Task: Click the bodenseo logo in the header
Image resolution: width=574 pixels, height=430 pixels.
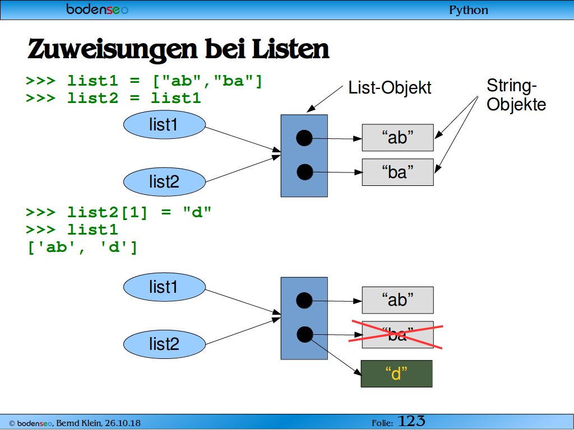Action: (x=97, y=9)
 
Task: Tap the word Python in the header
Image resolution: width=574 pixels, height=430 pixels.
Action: (x=469, y=10)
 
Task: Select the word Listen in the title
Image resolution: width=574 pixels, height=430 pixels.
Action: (x=291, y=49)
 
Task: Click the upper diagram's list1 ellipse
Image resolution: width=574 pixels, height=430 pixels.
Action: (x=164, y=125)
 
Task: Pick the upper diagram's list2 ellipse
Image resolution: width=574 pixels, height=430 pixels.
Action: (x=164, y=182)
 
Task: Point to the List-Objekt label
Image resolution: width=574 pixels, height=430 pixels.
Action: (x=390, y=88)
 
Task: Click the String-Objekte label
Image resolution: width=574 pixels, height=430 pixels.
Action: (x=516, y=95)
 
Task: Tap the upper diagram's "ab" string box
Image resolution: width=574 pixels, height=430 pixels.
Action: (x=398, y=138)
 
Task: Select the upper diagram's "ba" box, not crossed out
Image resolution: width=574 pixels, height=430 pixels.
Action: (x=398, y=172)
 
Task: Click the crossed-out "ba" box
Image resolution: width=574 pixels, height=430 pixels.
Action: (x=398, y=335)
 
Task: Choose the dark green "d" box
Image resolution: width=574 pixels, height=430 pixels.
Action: (x=396, y=373)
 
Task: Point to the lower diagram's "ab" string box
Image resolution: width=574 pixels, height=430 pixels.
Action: (x=398, y=300)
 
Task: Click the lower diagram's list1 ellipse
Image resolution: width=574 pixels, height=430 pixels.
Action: (x=164, y=287)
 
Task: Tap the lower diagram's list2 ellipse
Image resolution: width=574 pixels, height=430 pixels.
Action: (x=164, y=344)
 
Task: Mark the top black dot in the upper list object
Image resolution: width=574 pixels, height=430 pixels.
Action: (x=304, y=138)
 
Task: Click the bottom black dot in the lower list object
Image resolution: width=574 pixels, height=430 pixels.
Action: (x=304, y=335)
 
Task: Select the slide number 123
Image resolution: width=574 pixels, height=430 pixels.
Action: (x=411, y=422)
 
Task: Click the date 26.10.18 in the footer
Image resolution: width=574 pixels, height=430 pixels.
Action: (x=123, y=423)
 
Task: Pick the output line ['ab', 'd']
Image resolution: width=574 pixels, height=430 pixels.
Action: (x=82, y=247)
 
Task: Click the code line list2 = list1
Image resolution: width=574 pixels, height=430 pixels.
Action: (x=134, y=98)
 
